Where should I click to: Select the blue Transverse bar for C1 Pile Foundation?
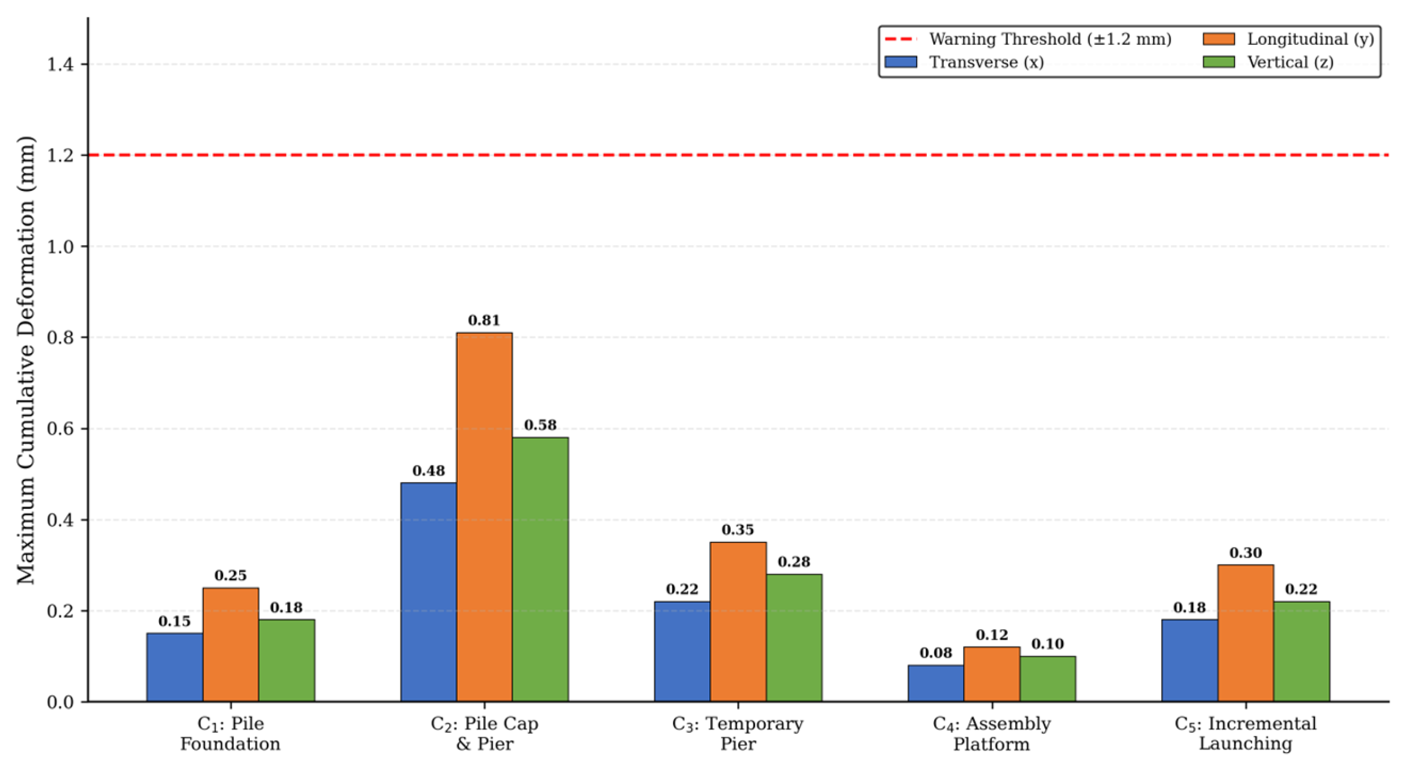pos(174,667)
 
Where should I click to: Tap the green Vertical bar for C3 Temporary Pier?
pos(794,638)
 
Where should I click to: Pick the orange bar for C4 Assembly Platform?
pos(991,674)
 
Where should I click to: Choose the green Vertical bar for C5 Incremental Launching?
pos(1301,651)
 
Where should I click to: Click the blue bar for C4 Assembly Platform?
pos(935,683)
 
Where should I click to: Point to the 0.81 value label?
pos(484,321)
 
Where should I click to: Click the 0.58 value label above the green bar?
pos(540,425)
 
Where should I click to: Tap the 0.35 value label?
pos(738,530)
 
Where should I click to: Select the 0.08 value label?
pos(935,653)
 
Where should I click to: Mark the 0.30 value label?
pos(1245,553)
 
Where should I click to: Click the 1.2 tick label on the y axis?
pos(60,155)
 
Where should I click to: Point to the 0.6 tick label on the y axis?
pos(60,429)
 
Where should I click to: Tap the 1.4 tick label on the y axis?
pos(60,65)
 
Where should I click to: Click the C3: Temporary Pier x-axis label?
pos(738,733)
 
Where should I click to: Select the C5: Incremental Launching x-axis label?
pos(1245,733)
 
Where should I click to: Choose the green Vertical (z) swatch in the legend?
pos(1219,62)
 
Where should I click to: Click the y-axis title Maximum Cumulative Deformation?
pos(26,360)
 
